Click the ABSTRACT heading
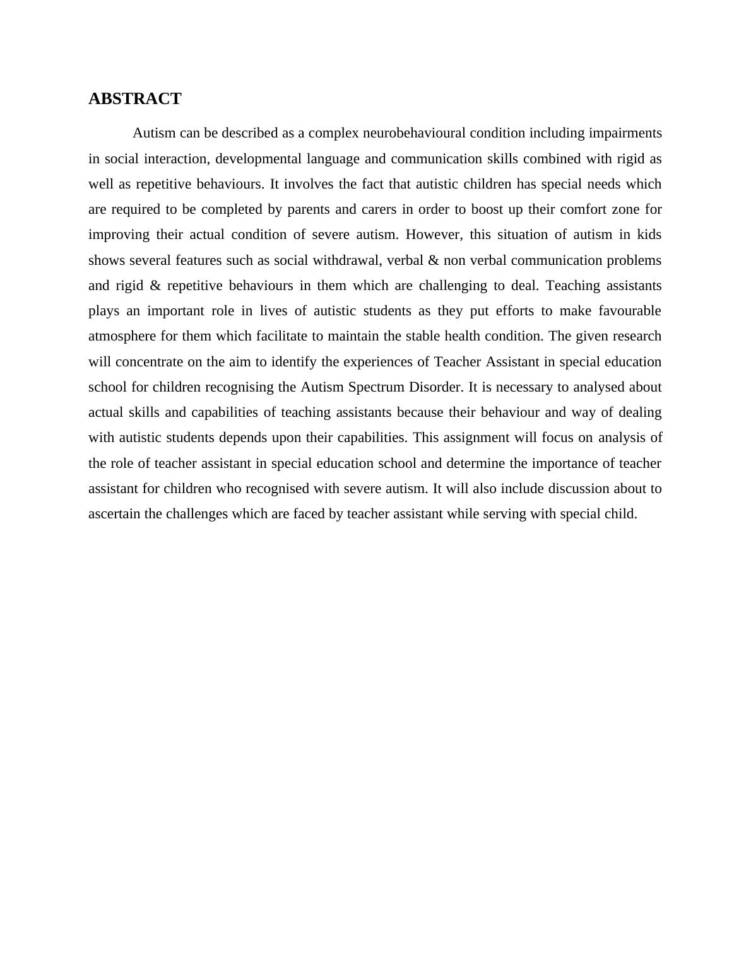point(134,99)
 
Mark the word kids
point(649,235)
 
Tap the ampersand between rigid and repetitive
point(155,286)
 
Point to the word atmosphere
point(122,336)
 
